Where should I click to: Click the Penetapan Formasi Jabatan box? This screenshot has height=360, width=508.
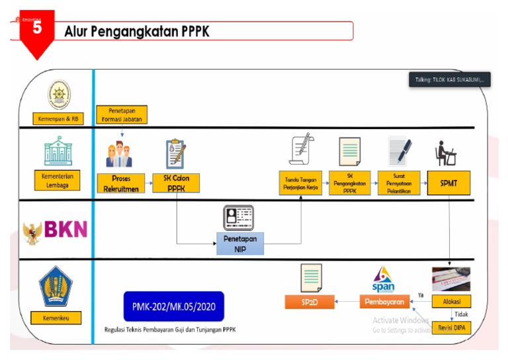click(121, 114)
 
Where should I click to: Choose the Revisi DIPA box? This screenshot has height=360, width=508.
click(451, 326)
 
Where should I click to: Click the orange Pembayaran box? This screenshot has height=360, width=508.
click(383, 302)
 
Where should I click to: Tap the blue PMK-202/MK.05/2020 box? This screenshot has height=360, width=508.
click(173, 306)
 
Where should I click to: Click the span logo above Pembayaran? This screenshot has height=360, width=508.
click(383, 279)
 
